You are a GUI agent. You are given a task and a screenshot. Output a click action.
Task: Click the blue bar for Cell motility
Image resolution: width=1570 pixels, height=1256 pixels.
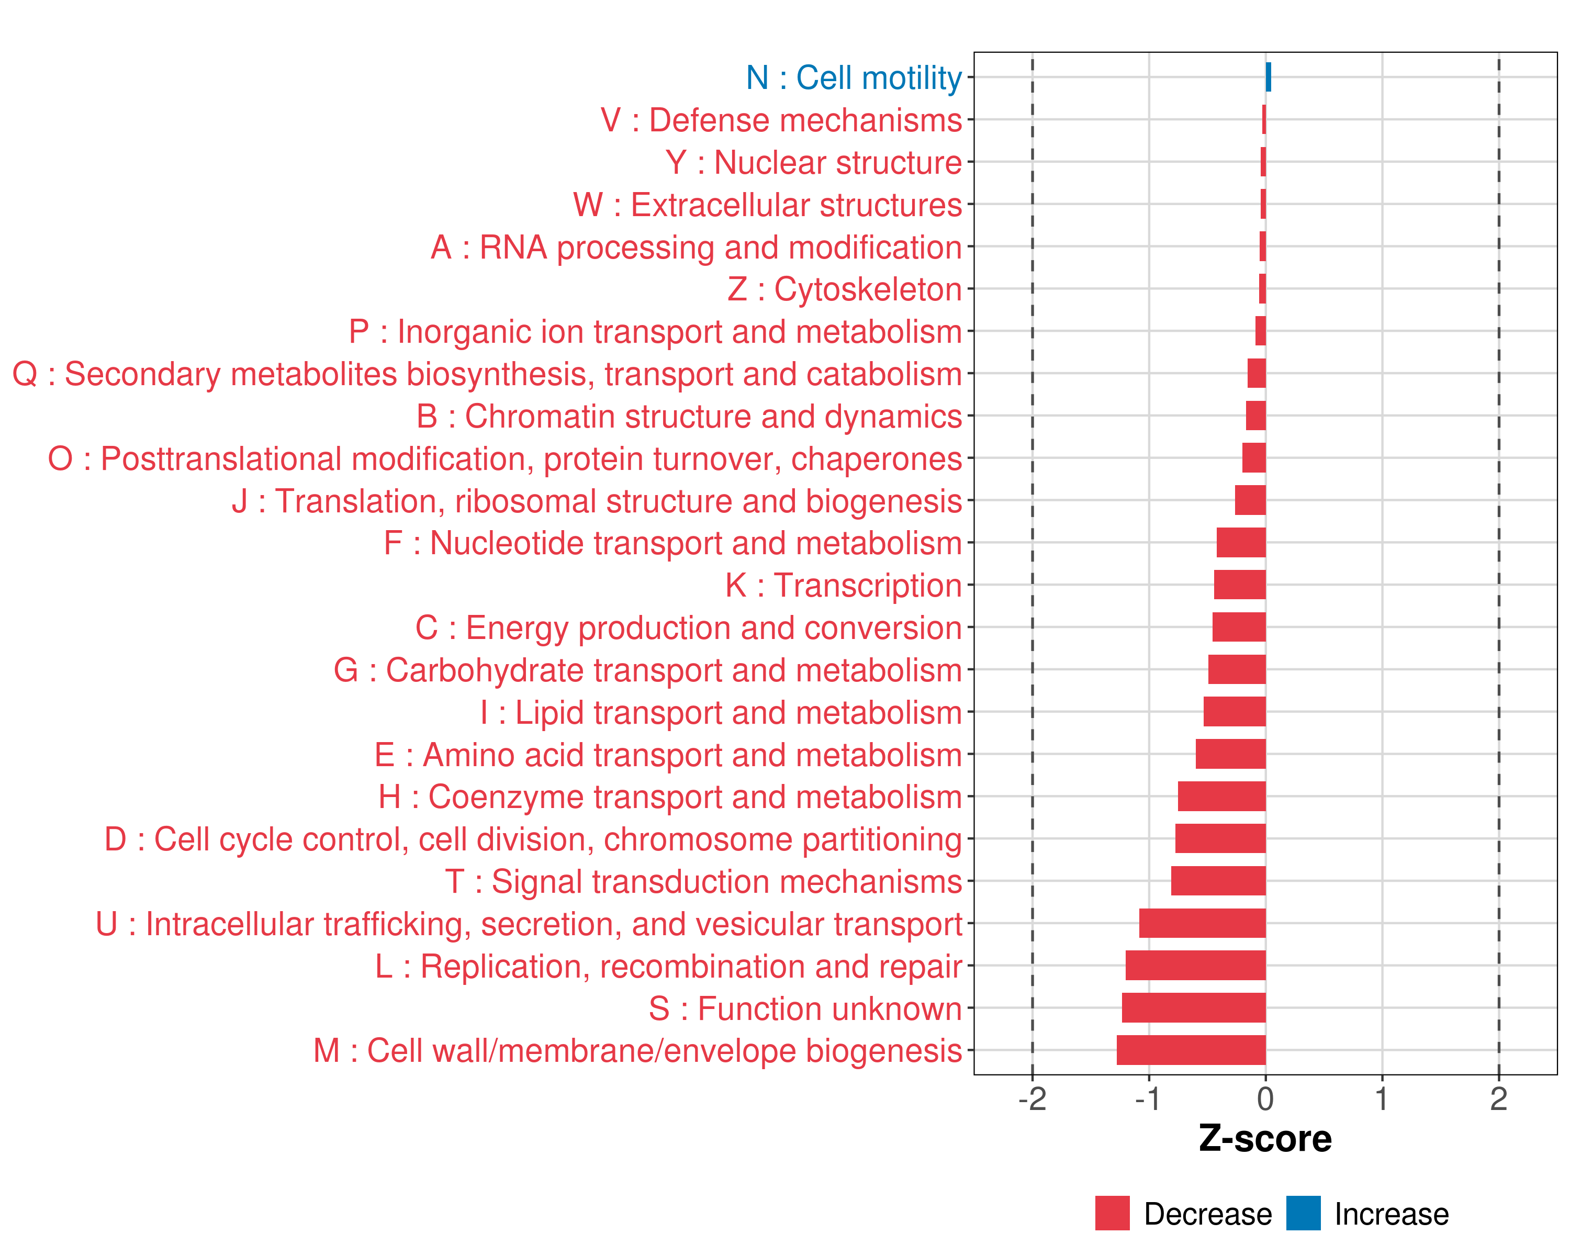(x=1268, y=77)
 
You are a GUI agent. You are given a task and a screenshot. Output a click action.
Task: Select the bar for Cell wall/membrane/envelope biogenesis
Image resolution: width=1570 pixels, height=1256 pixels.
(x=1191, y=1050)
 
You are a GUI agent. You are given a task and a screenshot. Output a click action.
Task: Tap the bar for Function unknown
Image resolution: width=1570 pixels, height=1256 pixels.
(x=1194, y=1008)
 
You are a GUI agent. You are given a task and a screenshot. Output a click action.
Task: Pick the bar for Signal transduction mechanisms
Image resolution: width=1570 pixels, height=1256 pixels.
(x=1218, y=881)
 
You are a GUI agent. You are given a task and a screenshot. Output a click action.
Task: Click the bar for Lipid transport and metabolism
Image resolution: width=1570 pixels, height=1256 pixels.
(x=1235, y=711)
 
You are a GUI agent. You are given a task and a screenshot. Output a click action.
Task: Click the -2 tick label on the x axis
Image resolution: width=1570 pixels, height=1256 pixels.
(x=1032, y=1098)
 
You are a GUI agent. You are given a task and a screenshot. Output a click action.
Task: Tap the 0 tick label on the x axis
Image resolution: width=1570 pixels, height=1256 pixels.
(x=1265, y=1098)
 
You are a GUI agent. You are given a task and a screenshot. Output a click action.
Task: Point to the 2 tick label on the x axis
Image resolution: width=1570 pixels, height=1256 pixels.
(x=1499, y=1098)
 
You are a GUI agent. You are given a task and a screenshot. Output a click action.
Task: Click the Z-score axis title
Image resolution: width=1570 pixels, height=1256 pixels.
(x=1265, y=1139)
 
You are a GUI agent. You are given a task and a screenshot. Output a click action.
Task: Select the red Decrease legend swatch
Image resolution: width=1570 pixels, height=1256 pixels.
(x=1112, y=1213)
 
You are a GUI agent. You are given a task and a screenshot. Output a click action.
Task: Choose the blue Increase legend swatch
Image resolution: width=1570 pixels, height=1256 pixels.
(x=1303, y=1213)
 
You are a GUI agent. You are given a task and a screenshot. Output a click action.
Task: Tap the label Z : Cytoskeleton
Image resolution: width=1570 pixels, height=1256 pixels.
(x=845, y=289)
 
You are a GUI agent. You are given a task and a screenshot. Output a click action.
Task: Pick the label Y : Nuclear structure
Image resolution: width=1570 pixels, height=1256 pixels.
(x=813, y=162)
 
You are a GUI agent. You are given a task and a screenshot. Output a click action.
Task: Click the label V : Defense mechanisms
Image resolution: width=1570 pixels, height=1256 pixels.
(x=781, y=120)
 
